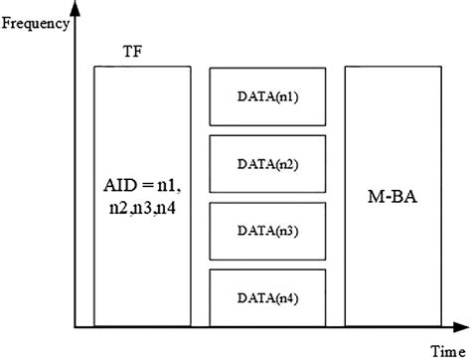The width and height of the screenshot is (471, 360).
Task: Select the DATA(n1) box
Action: [x=267, y=97]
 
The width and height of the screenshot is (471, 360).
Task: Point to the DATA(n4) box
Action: [x=267, y=297]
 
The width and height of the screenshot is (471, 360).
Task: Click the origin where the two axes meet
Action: [x=76, y=327]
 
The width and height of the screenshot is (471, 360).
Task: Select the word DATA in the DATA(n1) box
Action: [x=253, y=97]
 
